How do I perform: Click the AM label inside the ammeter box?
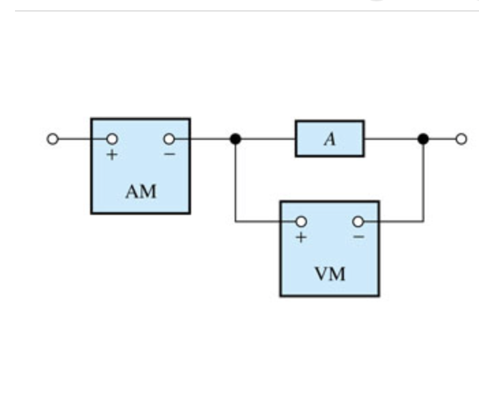141,192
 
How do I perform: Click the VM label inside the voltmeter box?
330,275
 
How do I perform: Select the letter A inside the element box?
330,139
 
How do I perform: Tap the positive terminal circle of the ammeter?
111,139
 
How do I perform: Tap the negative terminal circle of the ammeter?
169,139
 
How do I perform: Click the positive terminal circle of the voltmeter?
300,221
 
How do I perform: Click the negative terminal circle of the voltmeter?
358,221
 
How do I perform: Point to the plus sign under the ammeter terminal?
111,155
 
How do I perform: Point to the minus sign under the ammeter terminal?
169,155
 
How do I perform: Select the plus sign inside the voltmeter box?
300,237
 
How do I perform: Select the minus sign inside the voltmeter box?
358,237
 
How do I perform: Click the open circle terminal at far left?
53,139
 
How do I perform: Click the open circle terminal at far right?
461,139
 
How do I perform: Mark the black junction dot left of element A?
235,139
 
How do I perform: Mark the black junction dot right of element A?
423,139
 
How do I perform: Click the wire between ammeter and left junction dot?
212,139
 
